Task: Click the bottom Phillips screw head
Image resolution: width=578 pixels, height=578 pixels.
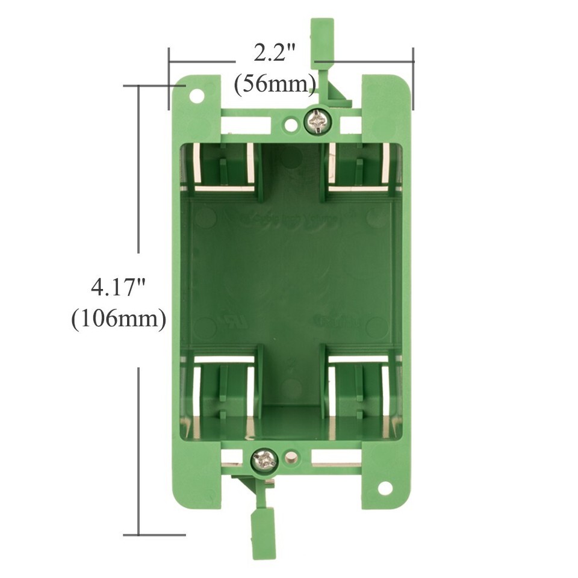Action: (x=264, y=461)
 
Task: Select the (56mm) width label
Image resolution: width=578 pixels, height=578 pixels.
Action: (x=275, y=84)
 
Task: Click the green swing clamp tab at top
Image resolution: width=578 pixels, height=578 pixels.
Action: (x=322, y=39)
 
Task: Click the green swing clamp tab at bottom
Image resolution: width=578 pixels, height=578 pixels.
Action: (x=263, y=533)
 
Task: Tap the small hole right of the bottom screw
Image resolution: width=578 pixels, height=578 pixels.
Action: (x=292, y=458)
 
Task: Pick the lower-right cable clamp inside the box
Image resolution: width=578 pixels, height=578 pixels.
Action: (x=359, y=385)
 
